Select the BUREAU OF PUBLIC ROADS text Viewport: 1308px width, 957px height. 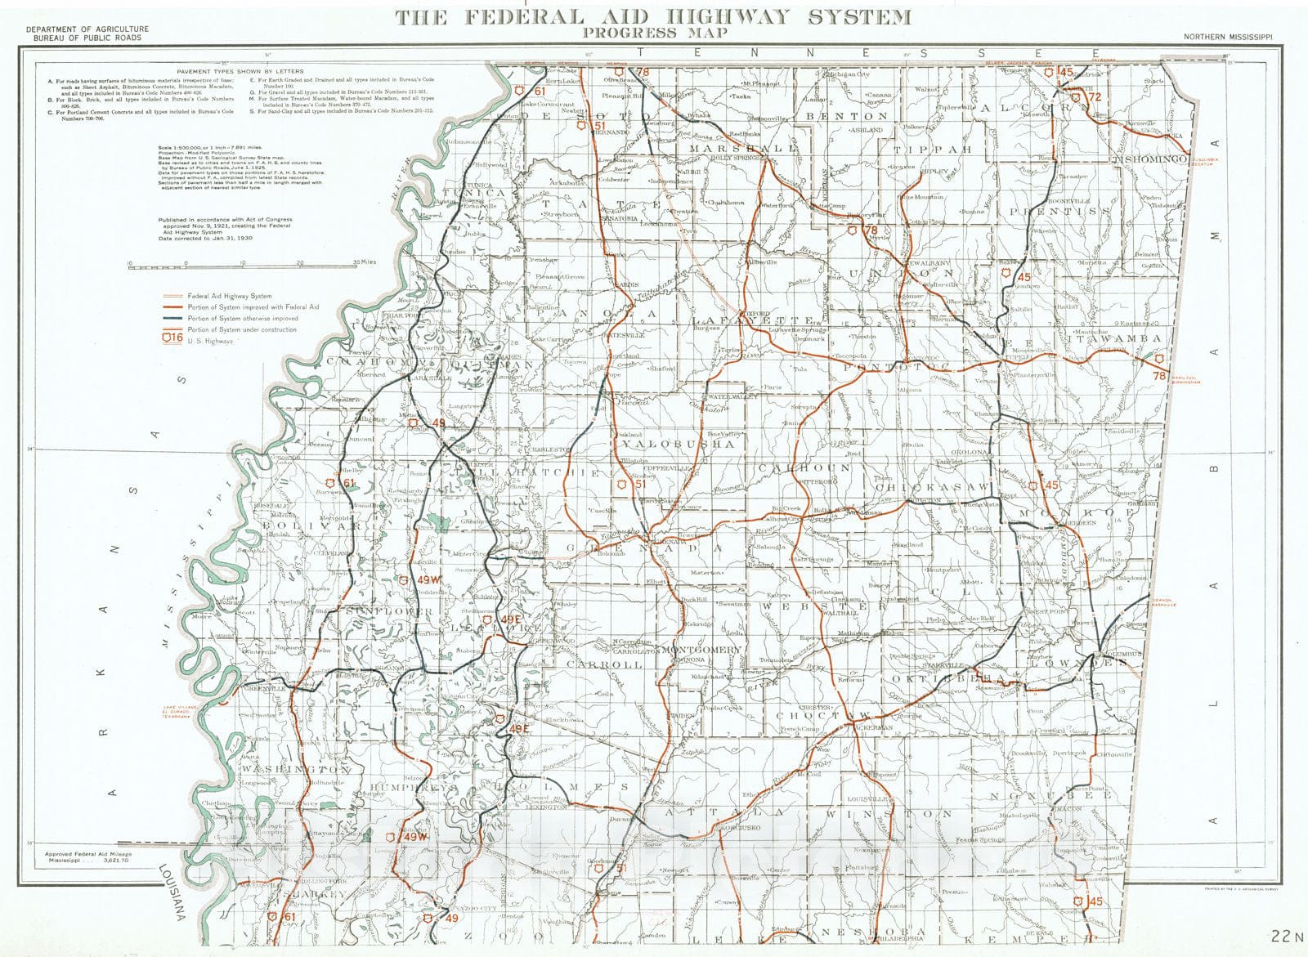coord(83,38)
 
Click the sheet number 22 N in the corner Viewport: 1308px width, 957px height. coord(1286,935)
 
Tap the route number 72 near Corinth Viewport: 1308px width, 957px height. coord(1095,96)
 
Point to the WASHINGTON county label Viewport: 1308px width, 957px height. coord(296,770)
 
